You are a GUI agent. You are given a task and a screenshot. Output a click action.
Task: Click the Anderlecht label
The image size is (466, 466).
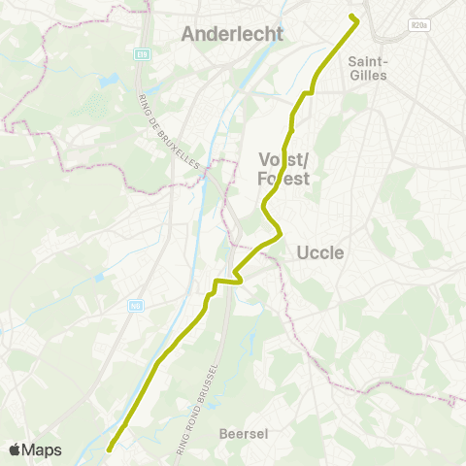(232, 34)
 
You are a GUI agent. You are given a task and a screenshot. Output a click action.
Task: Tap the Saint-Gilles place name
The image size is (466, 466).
(367, 67)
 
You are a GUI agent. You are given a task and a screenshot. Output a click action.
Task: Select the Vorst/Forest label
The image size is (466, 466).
(283, 169)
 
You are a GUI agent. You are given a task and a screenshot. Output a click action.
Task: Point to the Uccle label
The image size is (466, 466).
(320, 252)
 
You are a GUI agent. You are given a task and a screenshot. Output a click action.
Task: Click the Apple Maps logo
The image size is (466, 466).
(35, 449)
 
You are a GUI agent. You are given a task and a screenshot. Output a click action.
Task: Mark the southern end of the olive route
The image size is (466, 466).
(110, 449)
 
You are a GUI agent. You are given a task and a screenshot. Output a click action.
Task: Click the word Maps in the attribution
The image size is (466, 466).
(43, 449)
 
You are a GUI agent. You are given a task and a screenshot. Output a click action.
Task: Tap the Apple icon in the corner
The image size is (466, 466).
(16, 449)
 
